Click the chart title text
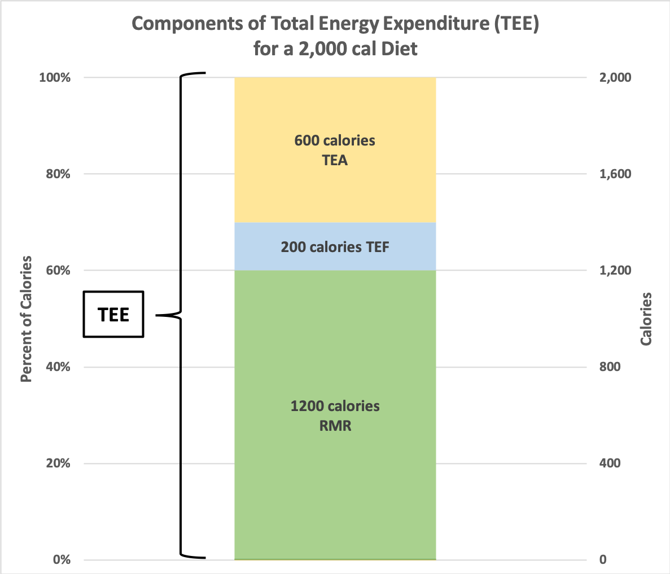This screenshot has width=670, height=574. point(335,36)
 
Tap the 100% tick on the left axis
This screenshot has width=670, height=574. point(55,78)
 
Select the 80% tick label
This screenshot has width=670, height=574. point(57,174)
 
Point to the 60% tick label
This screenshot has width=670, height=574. point(57,271)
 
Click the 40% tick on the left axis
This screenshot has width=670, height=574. point(57,367)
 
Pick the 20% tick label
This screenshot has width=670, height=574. point(57,463)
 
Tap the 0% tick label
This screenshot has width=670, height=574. point(62,560)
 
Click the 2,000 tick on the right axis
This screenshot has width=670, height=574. point(615,78)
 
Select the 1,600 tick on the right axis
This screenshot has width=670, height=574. point(615,174)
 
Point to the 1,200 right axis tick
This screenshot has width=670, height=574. point(615,271)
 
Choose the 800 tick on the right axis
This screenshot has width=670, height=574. point(610,367)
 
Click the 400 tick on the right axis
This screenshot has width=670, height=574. point(610,463)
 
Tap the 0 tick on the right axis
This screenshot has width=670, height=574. point(603,560)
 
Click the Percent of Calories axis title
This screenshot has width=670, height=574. point(26,319)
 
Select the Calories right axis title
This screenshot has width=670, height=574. point(646,319)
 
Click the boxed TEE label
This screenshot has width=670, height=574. point(113,315)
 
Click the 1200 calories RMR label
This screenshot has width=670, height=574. point(335,416)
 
